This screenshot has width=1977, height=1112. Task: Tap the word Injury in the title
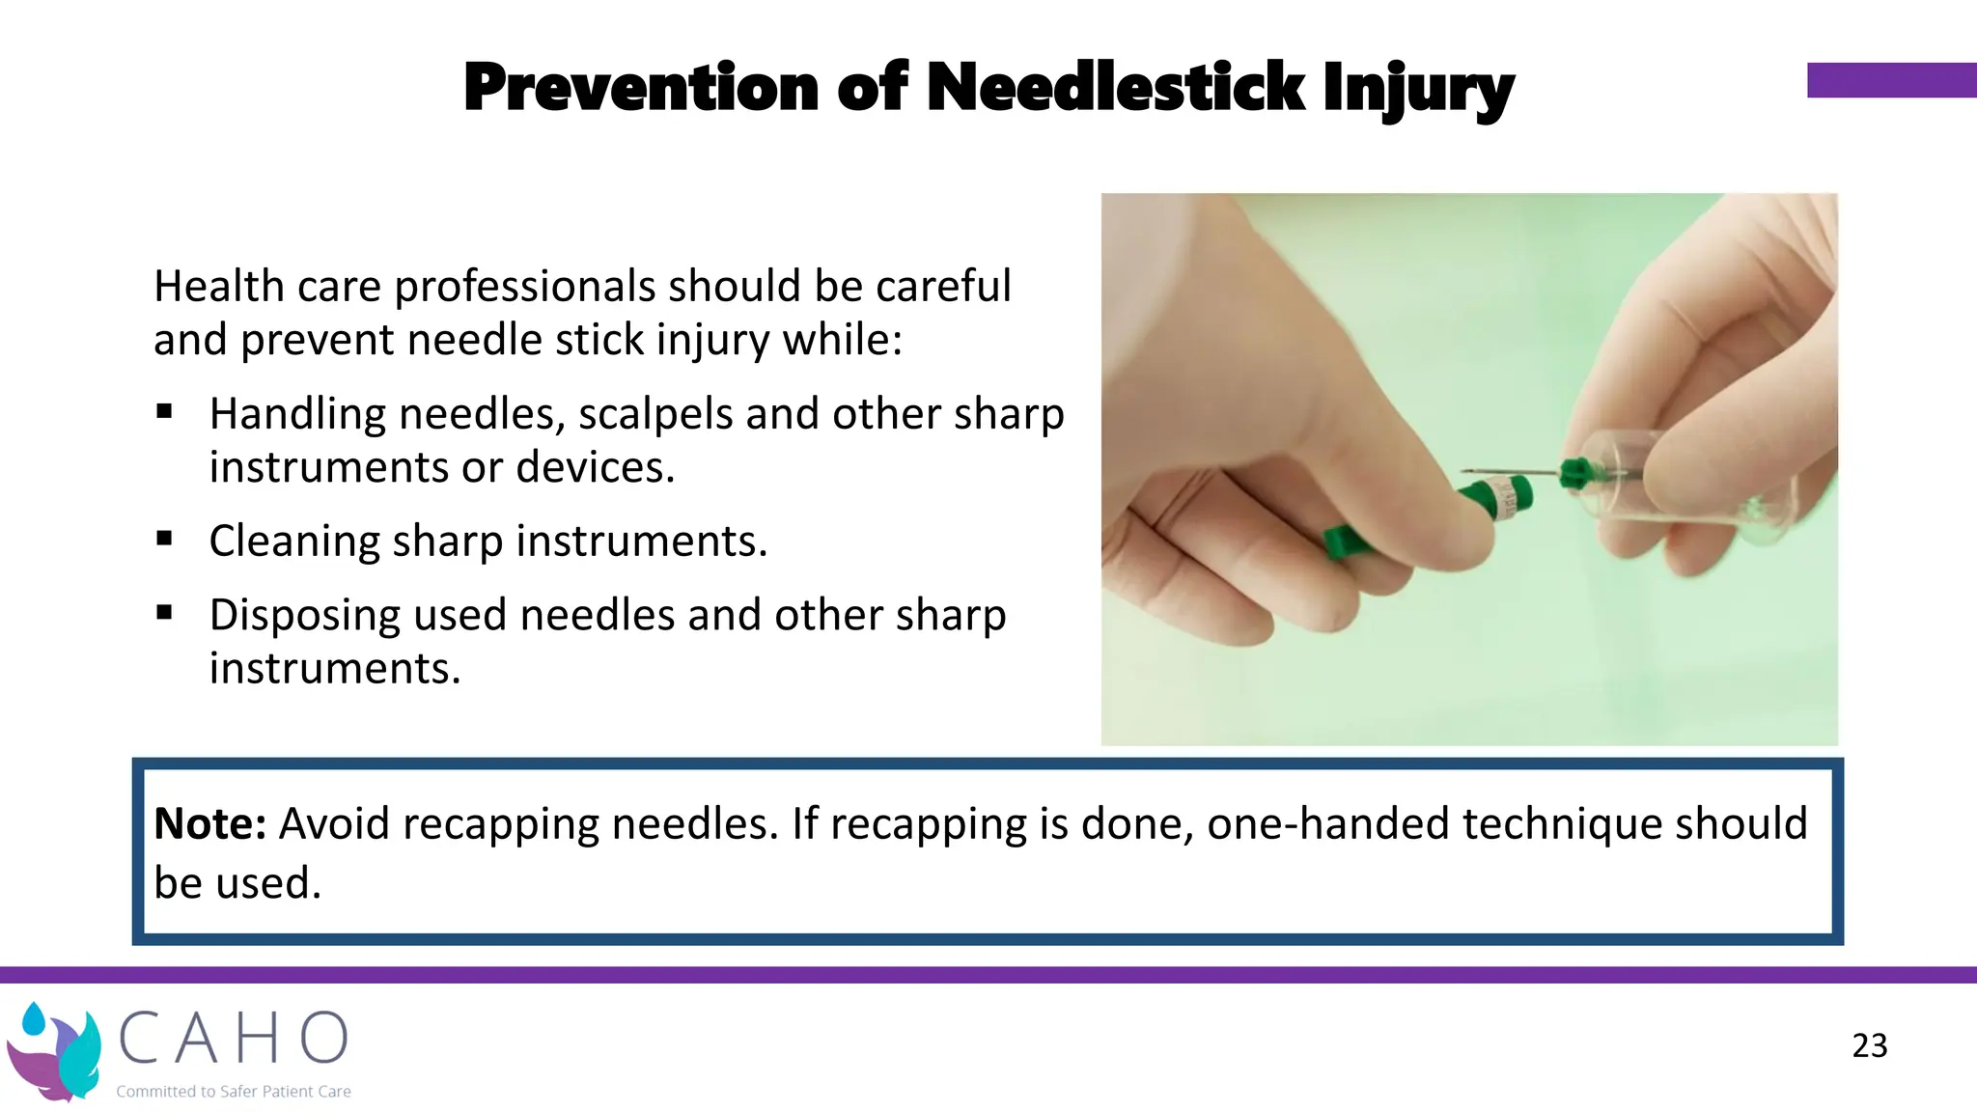pyautogui.click(x=1417, y=90)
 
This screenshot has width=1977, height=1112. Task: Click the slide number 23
pyautogui.click(x=1869, y=1045)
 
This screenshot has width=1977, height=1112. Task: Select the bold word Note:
pyautogui.click(x=209, y=824)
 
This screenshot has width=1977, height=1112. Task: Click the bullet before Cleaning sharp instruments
pyautogui.click(x=164, y=539)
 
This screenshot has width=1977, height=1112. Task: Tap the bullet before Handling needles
pyautogui.click(x=164, y=412)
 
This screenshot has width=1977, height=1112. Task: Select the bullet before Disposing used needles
pyautogui.click(x=164, y=612)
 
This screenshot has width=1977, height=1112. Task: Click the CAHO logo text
pyautogui.click(x=233, y=1039)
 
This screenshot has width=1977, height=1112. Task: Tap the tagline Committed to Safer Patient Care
pyautogui.click(x=233, y=1092)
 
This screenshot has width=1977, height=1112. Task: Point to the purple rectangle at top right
pyautogui.click(x=1890, y=80)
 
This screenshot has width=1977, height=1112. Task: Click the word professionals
pyautogui.click(x=529, y=288)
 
